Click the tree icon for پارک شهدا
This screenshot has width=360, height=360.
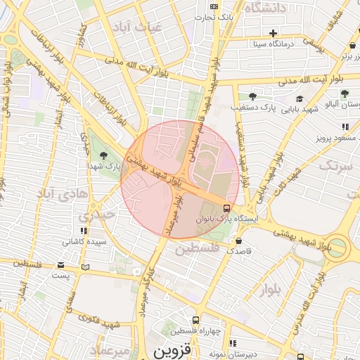pos(104,155)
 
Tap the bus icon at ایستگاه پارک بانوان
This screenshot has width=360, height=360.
pos(226,208)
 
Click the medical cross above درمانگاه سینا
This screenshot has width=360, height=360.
pos(273,33)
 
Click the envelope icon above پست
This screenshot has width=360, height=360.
pos(61,265)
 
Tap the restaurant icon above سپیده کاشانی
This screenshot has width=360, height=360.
pos(84,231)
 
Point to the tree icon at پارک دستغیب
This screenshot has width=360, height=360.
pos(252,96)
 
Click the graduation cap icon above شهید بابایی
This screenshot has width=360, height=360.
pos(299,98)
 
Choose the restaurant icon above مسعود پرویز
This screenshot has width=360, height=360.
pos(345,127)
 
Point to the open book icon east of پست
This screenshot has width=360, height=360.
pos(86,267)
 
